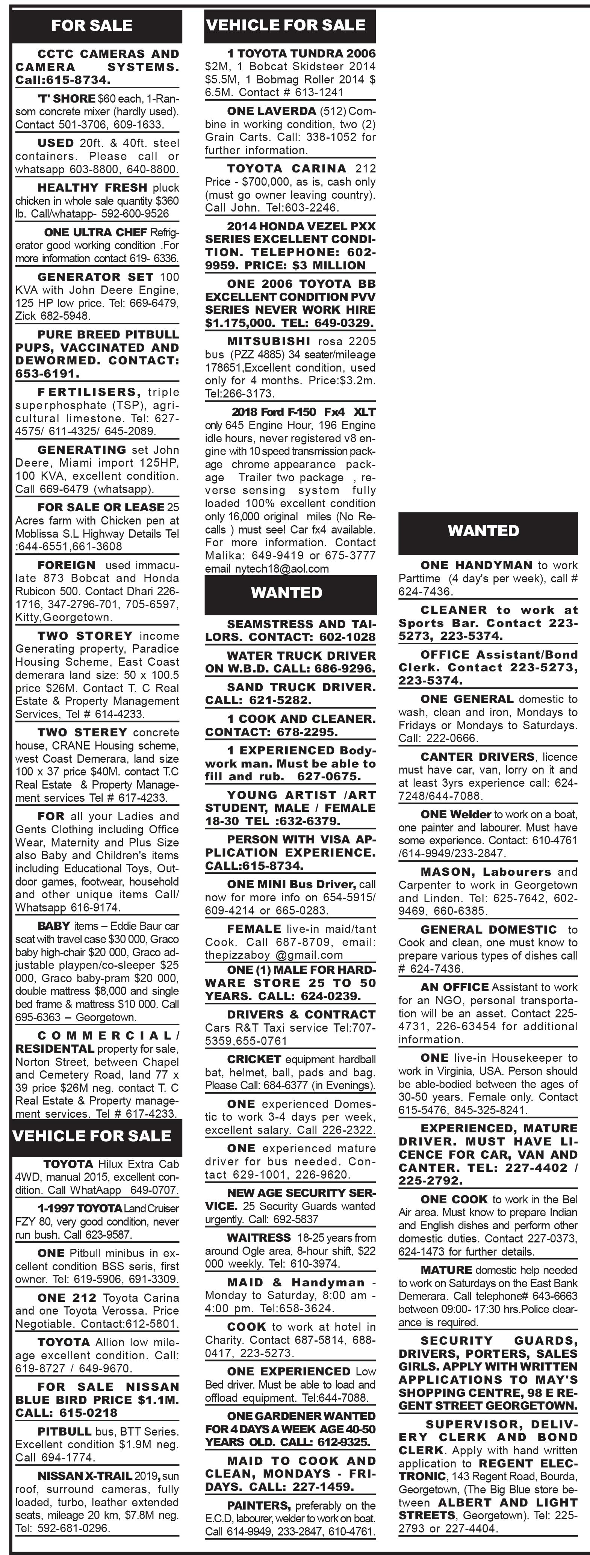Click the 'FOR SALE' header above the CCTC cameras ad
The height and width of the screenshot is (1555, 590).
point(92,25)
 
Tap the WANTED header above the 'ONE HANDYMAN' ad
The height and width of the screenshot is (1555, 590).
point(483,530)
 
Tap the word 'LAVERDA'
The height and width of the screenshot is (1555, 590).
point(283,111)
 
